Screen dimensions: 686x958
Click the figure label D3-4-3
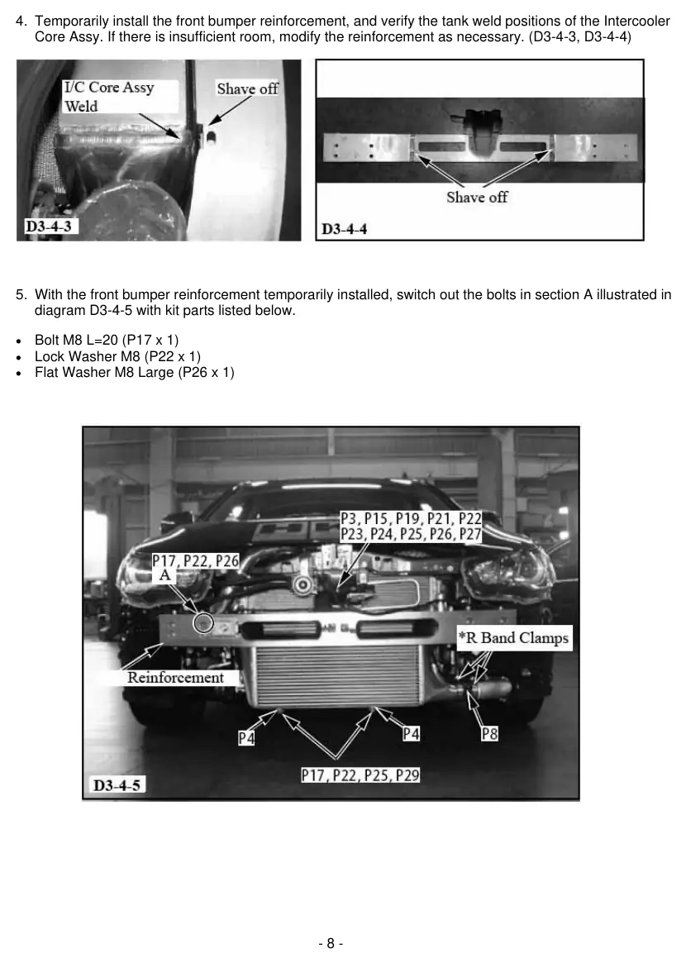[x=48, y=226]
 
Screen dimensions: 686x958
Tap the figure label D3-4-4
[x=345, y=229]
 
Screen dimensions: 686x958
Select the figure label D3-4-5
[x=117, y=785]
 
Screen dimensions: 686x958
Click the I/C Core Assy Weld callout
[x=109, y=97]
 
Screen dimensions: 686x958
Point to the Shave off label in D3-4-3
[x=247, y=88]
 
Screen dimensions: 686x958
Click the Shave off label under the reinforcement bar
[x=477, y=198]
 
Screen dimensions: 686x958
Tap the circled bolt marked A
[x=202, y=623]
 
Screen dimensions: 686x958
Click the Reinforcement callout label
[x=175, y=678]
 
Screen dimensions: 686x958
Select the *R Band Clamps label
[x=514, y=638]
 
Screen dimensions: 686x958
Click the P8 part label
[x=490, y=733]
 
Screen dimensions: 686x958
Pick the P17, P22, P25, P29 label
[x=360, y=775]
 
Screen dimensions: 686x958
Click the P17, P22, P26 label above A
[x=196, y=560]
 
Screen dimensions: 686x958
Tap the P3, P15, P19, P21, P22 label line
[x=411, y=519]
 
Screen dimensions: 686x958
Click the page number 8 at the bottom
[x=331, y=943]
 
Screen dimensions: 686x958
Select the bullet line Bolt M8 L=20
[x=107, y=340]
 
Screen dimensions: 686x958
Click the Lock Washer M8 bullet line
[x=117, y=356]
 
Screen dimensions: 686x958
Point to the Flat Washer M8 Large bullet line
[x=135, y=372]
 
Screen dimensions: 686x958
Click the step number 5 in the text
[x=21, y=294]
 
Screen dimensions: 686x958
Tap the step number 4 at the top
[x=21, y=21]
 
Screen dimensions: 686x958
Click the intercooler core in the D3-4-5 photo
[x=339, y=676]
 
